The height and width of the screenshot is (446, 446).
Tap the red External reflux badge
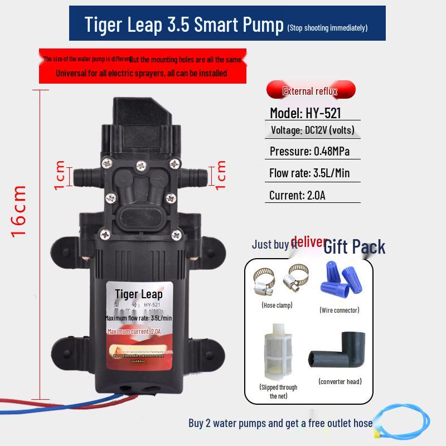[x=311, y=90]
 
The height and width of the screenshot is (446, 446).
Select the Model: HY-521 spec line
[x=306, y=113]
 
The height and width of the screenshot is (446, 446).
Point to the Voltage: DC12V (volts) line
[x=312, y=131]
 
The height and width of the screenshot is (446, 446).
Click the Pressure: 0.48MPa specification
[x=310, y=152]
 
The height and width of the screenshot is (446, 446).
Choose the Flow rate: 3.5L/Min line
[x=310, y=173]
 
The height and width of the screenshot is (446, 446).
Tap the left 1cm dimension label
[x=60, y=175]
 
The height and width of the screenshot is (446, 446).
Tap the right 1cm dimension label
[x=221, y=174]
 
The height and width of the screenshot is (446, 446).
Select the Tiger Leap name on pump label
[x=139, y=294]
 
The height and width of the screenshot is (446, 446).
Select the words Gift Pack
[x=355, y=246]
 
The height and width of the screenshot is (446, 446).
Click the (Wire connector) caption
[x=339, y=310]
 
